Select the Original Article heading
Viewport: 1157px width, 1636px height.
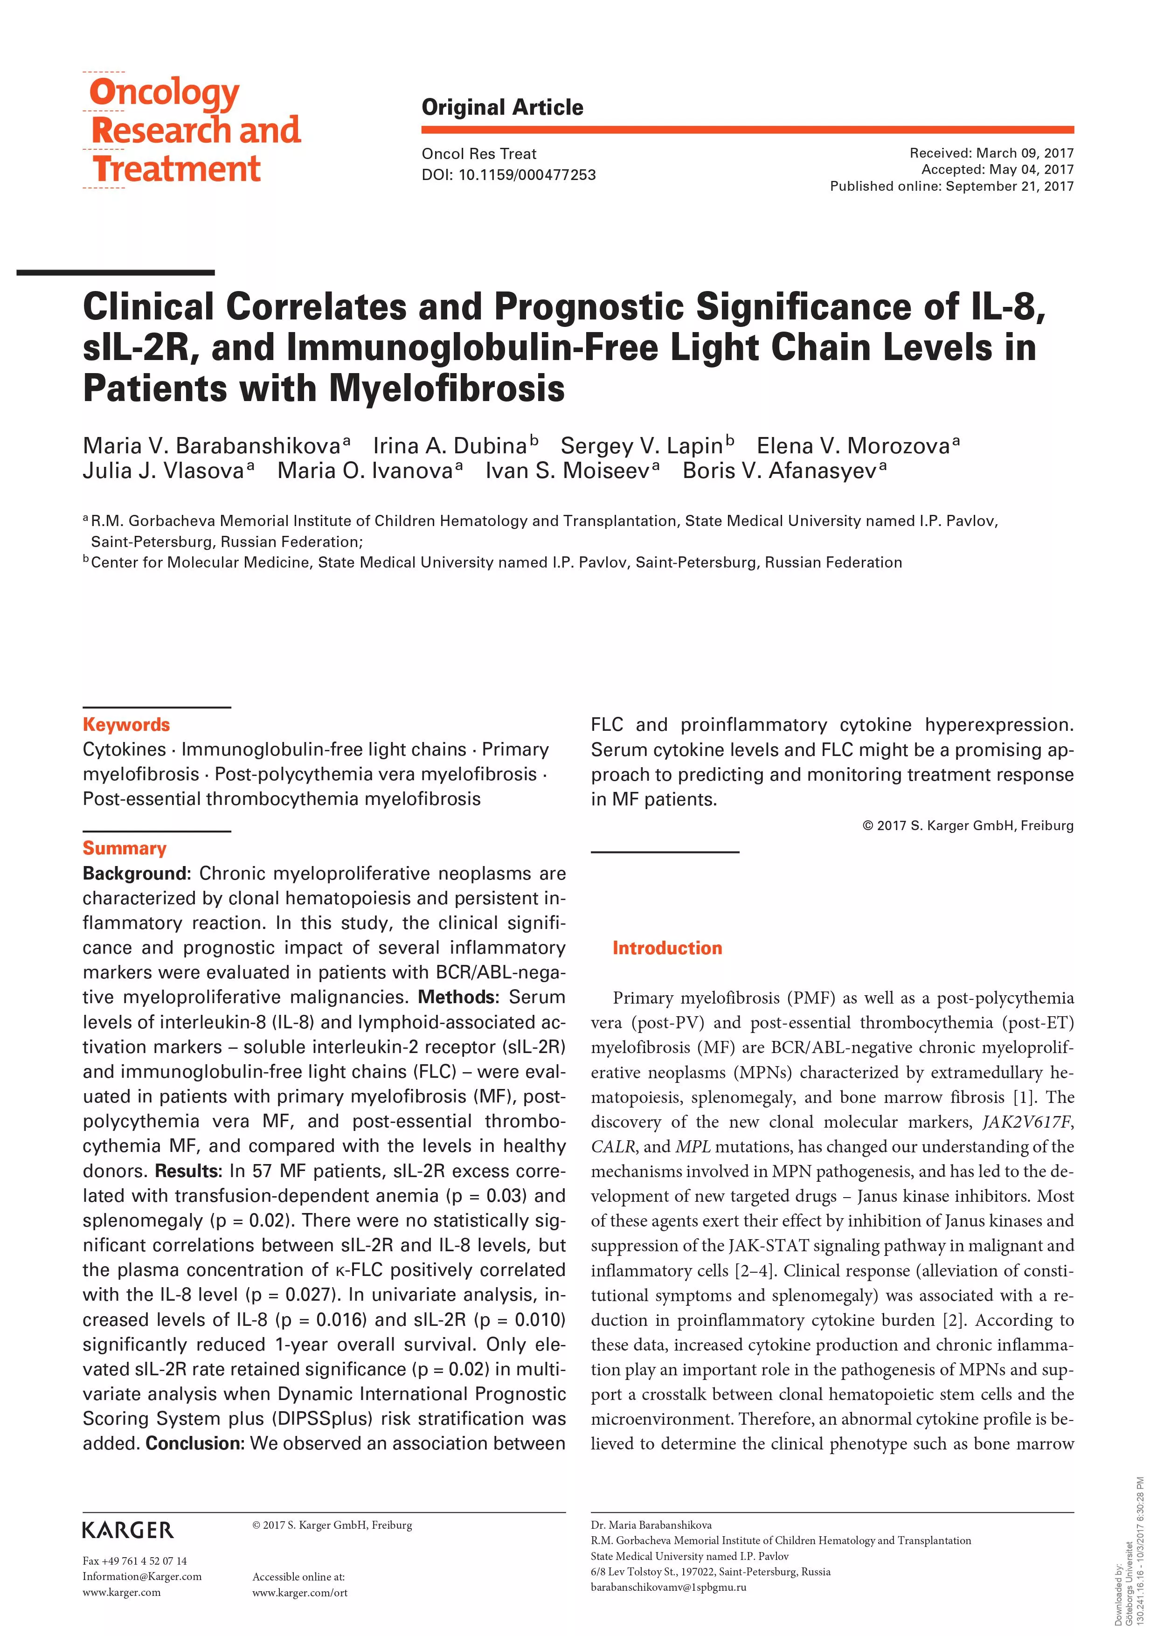pyautogui.click(x=502, y=108)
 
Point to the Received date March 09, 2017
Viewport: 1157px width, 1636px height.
pyautogui.click(x=991, y=153)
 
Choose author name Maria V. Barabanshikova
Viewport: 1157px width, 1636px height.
pyautogui.click(x=212, y=446)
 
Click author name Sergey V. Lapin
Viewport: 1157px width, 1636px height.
pyautogui.click(x=642, y=446)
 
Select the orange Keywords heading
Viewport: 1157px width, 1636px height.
pyautogui.click(x=126, y=725)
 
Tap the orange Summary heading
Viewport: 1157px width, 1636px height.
pyautogui.click(x=125, y=848)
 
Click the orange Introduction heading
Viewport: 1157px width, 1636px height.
pyautogui.click(x=667, y=948)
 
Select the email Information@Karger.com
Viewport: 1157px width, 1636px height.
pyautogui.click(x=142, y=1576)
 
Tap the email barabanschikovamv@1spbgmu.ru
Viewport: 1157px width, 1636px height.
pyautogui.click(x=668, y=1587)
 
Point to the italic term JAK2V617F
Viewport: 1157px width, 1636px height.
pyautogui.click(x=1026, y=1122)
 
